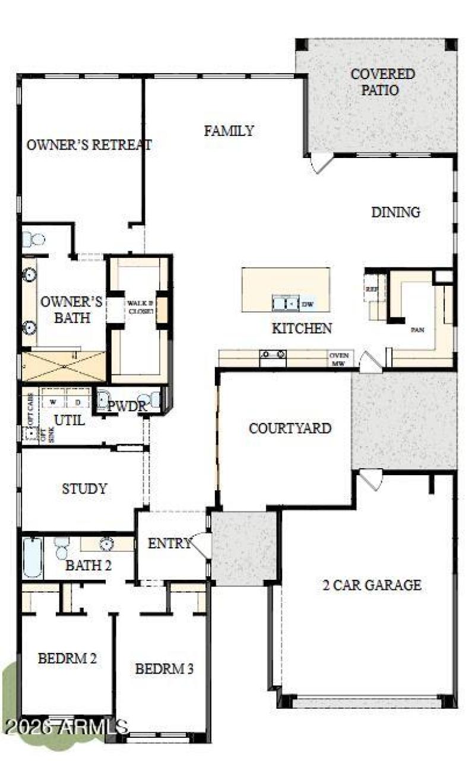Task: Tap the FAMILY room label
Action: tap(229, 131)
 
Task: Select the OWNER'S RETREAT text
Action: tap(89, 144)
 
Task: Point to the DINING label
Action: tap(395, 212)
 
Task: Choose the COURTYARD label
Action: tap(290, 428)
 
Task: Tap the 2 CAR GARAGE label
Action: tap(372, 585)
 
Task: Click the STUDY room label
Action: tap(84, 489)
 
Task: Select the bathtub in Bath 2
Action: tap(33, 557)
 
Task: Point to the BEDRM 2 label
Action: tap(68, 658)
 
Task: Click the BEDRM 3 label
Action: tap(164, 669)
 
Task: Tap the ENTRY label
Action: tap(169, 543)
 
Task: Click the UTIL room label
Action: tap(69, 420)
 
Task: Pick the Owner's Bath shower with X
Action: tap(64, 367)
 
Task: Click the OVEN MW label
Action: tap(338, 359)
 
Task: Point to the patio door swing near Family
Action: tap(321, 163)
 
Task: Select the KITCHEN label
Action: tap(302, 328)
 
